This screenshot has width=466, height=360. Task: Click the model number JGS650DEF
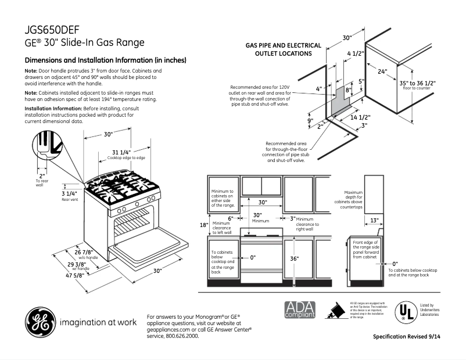click(52, 30)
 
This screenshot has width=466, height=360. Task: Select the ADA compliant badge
click(300, 309)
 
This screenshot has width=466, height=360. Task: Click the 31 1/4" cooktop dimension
click(121, 153)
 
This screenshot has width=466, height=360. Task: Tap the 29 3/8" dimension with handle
click(80, 264)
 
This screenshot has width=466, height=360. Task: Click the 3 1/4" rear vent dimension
click(69, 193)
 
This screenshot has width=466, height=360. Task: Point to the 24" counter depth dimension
click(382, 72)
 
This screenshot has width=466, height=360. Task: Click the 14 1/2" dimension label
click(361, 117)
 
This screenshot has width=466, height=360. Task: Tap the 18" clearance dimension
click(203, 225)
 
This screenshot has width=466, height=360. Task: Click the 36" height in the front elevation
click(294, 258)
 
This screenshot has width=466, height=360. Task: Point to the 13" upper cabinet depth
click(374, 220)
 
